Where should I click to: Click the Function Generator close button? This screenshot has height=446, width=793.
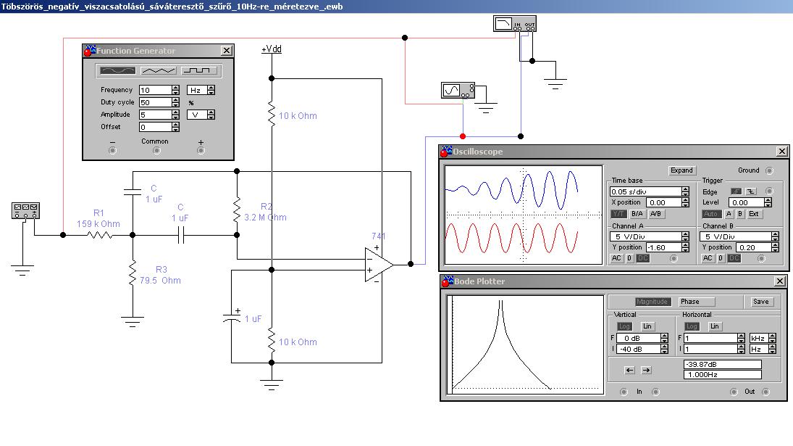(x=227, y=51)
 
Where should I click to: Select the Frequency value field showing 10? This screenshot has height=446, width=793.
(x=155, y=90)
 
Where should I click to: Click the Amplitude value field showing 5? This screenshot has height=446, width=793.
(x=155, y=115)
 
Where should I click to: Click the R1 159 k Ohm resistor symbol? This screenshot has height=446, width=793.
(x=100, y=235)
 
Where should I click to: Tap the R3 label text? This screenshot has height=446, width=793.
(x=161, y=269)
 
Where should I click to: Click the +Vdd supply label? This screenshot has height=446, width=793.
(x=272, y=49)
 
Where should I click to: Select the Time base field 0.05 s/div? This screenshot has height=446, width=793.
(x=645, y=192)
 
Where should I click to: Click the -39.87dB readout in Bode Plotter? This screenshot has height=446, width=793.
(x=722, y=365)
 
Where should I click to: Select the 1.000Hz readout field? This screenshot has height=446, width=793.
(x=722, y=375)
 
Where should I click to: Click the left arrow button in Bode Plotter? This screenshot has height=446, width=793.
(x=629, y=370)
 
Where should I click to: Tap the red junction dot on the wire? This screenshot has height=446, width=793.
(x=463, y=136)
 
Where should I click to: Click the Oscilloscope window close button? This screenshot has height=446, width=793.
(x=782, y=152)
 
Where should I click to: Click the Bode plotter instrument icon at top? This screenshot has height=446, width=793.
(x=515, y=24)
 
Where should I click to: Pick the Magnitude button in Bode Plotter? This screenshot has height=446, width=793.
(x=652, y=302)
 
